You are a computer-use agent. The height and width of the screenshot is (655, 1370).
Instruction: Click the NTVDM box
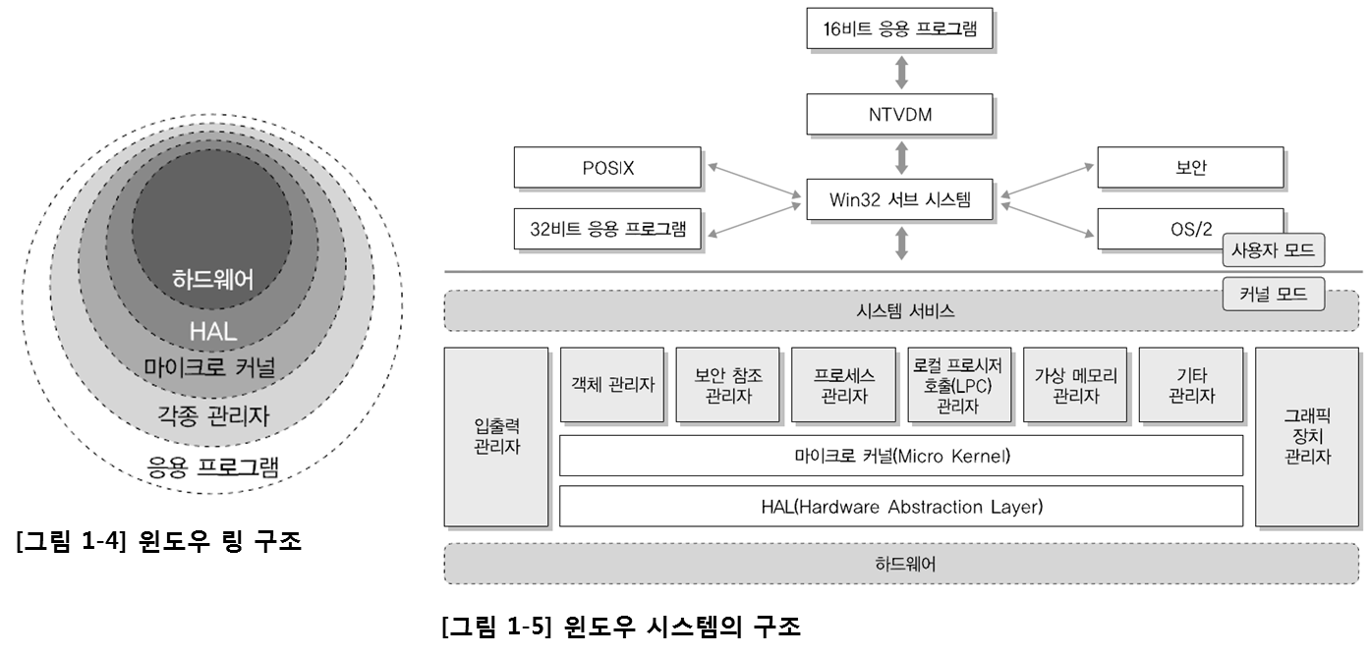click(x=900, y=114)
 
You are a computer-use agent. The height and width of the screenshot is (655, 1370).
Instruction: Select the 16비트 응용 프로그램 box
click(x=900, y=29)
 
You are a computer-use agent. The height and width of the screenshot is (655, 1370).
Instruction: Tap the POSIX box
click(x=607, y=168)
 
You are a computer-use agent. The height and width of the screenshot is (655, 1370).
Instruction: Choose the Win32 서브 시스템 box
click(x=900, y=201)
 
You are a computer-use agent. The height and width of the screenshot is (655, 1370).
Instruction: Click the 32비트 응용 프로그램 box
click(x=607, y=231)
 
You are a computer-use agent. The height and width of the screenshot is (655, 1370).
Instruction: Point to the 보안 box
click(x=1190, y=168)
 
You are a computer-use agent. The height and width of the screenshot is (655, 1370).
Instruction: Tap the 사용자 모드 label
click(x=1273, y=250)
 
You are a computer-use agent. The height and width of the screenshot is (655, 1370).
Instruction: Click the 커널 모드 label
click(x=1273, y=294)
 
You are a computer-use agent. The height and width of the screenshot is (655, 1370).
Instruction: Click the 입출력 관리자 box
click(x=496, y=436)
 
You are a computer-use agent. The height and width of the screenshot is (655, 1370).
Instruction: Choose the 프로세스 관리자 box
click(x=843, y=385)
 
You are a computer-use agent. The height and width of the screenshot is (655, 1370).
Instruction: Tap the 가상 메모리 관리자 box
click(x=1075, y=385)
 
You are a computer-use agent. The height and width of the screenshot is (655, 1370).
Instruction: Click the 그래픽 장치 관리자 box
click(x=1307, y=436)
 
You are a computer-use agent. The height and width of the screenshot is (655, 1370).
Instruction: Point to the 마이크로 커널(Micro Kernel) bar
click(x=900, y=456)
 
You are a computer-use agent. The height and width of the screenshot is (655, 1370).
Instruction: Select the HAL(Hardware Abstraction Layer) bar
click(x=900, y=507)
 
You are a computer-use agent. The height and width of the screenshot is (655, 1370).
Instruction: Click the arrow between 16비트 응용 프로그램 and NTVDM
click(x=900, y=72)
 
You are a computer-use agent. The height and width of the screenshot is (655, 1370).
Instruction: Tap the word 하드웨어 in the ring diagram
click(x=212, y=279)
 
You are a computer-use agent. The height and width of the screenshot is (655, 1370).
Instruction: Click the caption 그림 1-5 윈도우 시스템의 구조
click(x=621, y=627)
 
